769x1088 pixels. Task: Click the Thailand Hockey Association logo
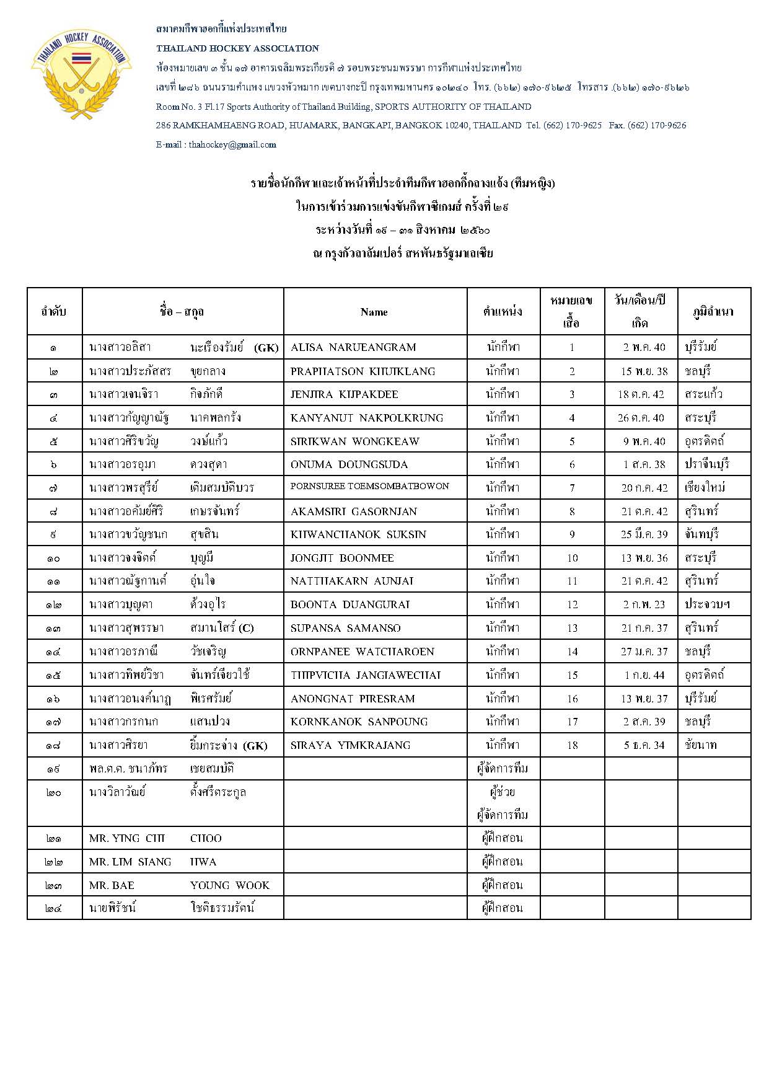pos(81,74)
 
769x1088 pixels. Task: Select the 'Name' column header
pos(374,312)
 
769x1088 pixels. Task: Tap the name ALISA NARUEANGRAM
pos(353,347)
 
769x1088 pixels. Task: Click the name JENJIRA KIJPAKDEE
pos(345,394)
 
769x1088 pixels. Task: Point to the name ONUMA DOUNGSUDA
pos(349,464)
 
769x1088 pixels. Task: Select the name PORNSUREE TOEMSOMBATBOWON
pos(370,486)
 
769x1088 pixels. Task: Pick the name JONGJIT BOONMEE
pos(342,558)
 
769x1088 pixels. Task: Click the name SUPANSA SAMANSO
pos(346,628)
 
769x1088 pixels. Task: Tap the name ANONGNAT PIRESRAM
pos(353,699)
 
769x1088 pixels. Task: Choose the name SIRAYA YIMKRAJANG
pos(351,745)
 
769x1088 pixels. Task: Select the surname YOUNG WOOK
pos(230,885)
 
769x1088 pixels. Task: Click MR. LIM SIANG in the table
pos(130,862)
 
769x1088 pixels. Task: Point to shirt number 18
pos(572,745)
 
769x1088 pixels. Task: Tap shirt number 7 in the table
pos(572,488)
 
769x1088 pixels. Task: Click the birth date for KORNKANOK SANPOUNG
pos(644,722)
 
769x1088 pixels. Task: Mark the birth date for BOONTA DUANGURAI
pos(644,604)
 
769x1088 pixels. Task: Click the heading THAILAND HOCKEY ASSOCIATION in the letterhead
pos(237,48)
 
